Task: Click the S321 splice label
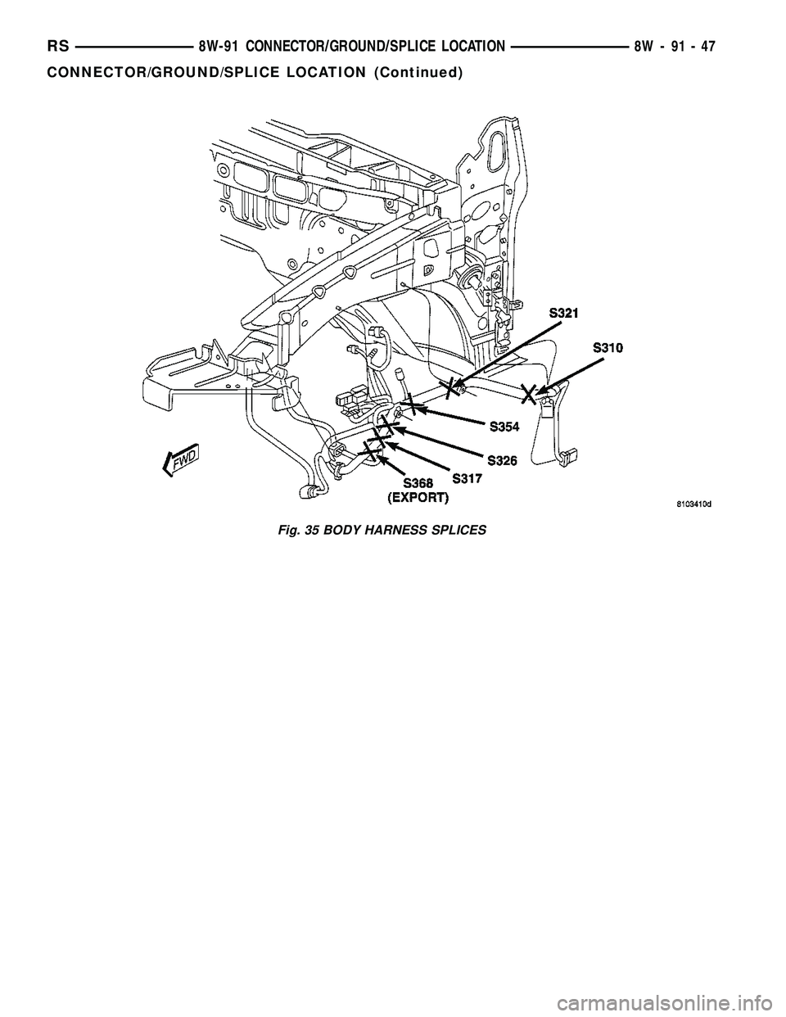point(566,314)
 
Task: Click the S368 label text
point(417,483)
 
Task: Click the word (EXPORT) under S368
point(418,497)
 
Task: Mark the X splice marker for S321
point(449,386)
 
